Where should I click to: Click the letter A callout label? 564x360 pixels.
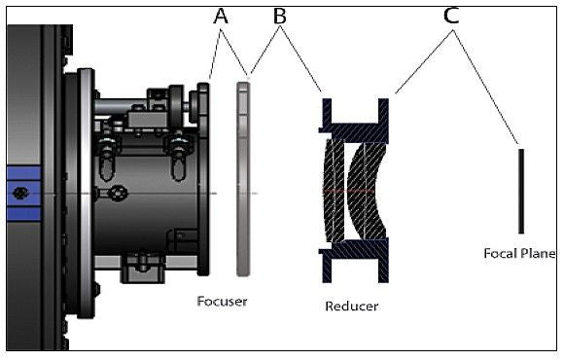tap(221, 17)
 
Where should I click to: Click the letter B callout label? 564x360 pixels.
tap(279, 17)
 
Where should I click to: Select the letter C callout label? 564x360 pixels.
tap(451, 16)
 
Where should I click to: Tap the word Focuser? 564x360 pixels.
tap(222, 302)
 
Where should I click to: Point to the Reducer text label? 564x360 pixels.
tap(351, 306)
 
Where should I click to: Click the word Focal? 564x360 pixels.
tap(500, 253)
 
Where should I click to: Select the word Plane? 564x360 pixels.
tap(538, 253)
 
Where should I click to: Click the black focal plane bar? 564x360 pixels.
tap(521, 191)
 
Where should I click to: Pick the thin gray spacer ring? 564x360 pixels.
tap(243, 179)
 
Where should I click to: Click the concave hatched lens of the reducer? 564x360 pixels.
tap(367, 191)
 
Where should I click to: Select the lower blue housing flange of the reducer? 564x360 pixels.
tap(355, 260)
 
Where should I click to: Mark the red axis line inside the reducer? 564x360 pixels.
tap(348, 190)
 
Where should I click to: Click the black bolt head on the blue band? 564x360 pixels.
tap(20, 193)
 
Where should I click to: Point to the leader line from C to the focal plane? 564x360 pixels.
tap(485, 88)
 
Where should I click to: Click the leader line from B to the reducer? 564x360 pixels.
tap(300, 59)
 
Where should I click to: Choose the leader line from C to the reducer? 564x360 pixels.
tap(424, 61)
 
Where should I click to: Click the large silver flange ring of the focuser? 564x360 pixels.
tap(86, 194)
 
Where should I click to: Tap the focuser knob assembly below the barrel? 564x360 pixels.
tap(143, 268)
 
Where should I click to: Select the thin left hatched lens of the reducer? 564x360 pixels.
tap(334, 191)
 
